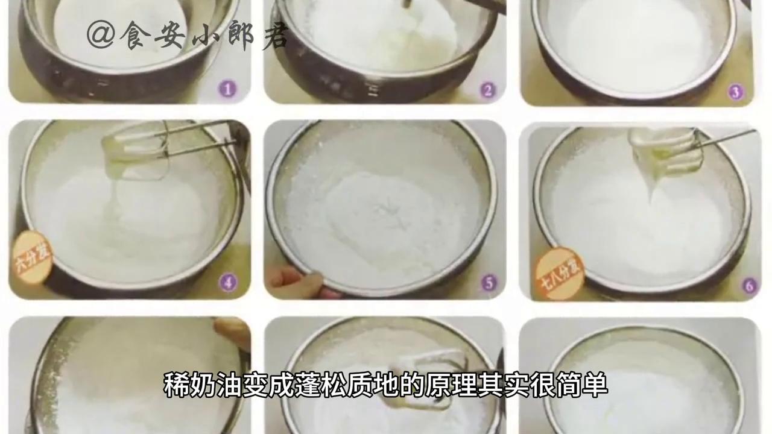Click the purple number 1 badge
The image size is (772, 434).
227,90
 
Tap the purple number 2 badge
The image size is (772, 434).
487,90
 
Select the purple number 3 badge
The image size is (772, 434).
735,92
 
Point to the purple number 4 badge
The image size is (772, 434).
228,281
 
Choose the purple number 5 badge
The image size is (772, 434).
488,281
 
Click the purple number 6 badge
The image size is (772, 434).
748,286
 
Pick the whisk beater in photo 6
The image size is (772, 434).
666,154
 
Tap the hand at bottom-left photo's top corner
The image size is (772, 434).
232,332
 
